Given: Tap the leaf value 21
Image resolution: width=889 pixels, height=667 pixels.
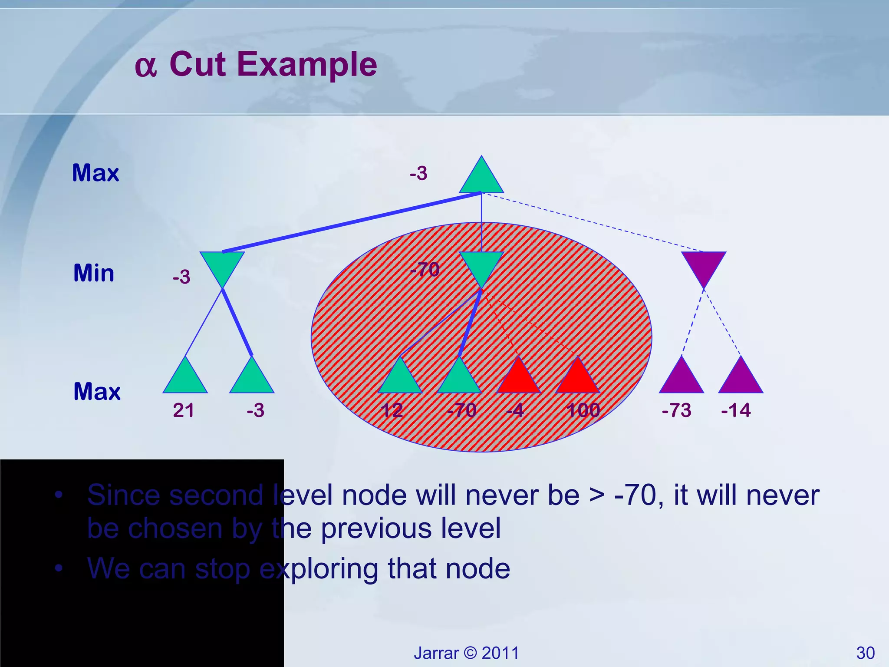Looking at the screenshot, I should [184, 410].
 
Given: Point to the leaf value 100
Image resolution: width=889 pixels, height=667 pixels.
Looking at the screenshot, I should [583, 410].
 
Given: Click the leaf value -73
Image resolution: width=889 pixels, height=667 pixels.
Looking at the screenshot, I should [676, 410].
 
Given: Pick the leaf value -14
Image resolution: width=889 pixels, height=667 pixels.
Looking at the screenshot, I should [736, 410].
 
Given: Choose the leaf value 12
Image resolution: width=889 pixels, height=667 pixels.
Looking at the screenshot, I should [392, 410].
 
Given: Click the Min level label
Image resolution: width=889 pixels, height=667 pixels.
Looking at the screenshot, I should [94, 273].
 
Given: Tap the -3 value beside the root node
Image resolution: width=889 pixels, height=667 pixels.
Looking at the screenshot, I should [418, 173].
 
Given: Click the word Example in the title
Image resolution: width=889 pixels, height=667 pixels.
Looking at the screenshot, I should [307, 64].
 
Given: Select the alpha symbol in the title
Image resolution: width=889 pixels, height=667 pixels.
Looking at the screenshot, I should [145, 67].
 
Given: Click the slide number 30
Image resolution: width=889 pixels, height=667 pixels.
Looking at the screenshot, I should [865, 653].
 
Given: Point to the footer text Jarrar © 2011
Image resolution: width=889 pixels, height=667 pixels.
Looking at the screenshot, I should [466, 653].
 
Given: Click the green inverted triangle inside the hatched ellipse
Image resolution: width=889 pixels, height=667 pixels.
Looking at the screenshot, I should [481, 266].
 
